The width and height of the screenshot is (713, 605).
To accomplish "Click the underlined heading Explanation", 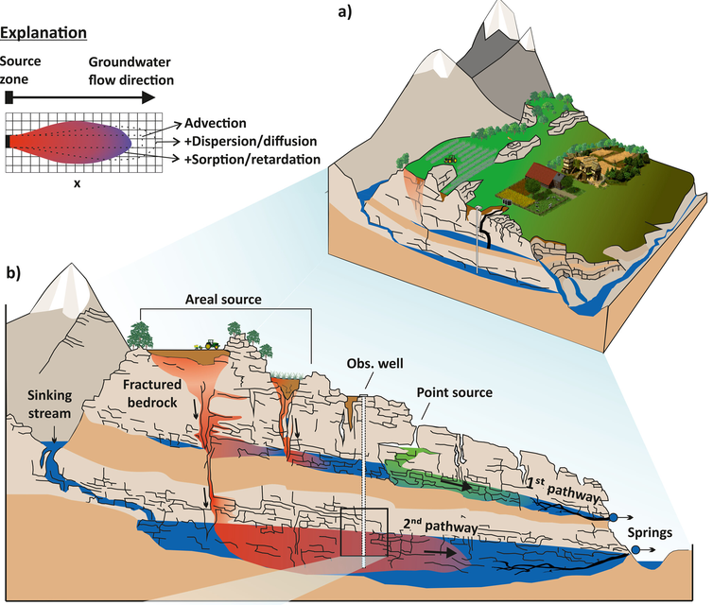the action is [x=43, y=33].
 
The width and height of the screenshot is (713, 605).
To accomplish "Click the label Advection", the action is [x=215, y=123].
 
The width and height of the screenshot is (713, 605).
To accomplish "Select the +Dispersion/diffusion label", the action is [x=251, y=142].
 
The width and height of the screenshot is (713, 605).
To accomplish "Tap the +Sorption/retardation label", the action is [x=252, y=160].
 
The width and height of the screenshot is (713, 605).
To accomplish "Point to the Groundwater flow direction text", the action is [x=130, y=71].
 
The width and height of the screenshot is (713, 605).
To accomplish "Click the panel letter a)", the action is [x=345, y=11].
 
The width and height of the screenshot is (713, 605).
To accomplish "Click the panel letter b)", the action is [x=13, y=273].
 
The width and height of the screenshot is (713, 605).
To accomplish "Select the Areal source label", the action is [x=223, y=300].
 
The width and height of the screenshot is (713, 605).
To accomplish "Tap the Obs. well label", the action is [x=374, y=364].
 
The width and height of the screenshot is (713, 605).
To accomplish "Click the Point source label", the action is [x=454, y=392].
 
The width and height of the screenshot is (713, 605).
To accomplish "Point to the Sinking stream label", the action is [x=49, y=404].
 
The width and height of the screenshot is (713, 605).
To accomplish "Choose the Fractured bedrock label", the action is [x=152, y=393].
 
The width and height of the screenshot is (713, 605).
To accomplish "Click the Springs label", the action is [x=650, y=533].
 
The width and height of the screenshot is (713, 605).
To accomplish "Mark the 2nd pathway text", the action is [x=440, y=526].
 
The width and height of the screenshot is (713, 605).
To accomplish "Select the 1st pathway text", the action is [x=563, y=489].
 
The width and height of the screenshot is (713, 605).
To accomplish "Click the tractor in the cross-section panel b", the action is [x=212, y=344].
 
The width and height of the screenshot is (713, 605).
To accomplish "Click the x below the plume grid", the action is [x=78, y=183].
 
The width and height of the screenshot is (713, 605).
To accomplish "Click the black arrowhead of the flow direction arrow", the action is [x=148, y=97].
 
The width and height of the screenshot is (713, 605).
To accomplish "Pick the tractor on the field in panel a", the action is [x=450, y=159].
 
